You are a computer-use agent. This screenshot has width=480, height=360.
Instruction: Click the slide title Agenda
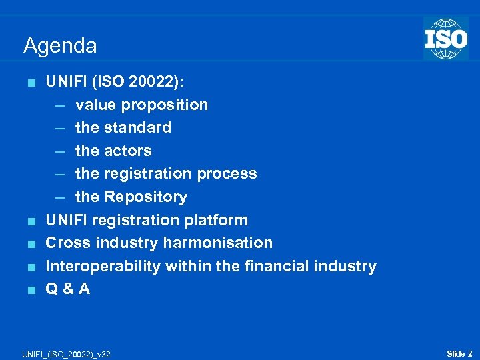click(x=60, y=46)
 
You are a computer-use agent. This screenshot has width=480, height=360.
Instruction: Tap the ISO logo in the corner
click(x=445, y=39)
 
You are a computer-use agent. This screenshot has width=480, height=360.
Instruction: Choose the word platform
click(x=217, y=220)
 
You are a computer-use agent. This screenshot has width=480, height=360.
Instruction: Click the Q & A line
click(x=67, y=289)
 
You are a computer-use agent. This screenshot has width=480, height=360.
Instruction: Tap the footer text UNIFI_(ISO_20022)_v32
click(x=66, y=353)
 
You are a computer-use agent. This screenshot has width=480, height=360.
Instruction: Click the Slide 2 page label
click(x=459, y=353)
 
